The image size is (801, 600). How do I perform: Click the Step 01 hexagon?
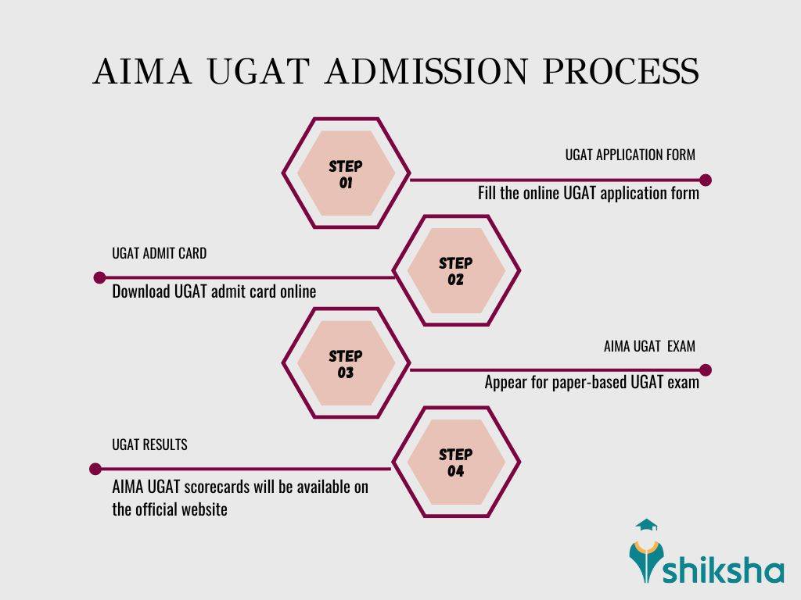pos(346,174)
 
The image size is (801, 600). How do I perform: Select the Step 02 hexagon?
pos(455,270)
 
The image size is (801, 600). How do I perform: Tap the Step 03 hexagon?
pos(346,364)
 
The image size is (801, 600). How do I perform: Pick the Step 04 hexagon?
pos(455,462)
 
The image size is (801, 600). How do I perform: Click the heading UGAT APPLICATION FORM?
pos(630,155)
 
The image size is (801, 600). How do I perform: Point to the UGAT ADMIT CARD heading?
pos(159,254)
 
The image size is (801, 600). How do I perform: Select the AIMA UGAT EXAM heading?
pos(649,346)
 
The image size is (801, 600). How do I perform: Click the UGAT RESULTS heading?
pos(149,445)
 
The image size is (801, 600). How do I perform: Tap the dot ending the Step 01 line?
pos(706,180)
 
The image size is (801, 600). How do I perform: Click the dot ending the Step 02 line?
pos(99,277)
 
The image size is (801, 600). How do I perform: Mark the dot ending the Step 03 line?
pos(706,370)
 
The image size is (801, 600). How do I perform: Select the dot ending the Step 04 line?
pos(95,470)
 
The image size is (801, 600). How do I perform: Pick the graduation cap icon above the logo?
pos(647,526)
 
